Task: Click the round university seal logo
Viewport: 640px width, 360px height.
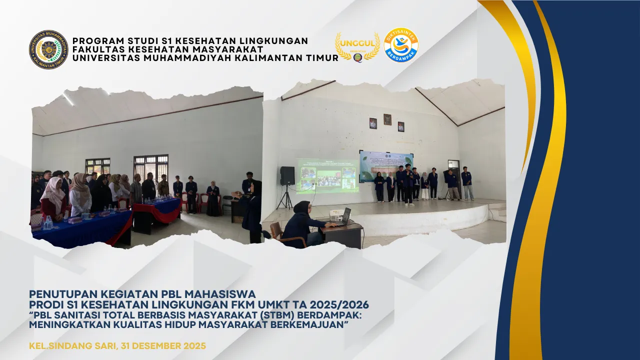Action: pos(48,49)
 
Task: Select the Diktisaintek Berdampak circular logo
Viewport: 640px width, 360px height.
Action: pos(401,45)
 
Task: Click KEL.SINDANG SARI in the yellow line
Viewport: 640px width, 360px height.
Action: pos(70,346)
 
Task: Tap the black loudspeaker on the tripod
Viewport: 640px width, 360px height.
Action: pos(287,176)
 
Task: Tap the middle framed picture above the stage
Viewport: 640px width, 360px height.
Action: pos(387,119)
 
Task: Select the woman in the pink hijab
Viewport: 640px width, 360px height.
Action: pos(53,197)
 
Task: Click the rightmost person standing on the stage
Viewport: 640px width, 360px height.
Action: pos(466,183)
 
